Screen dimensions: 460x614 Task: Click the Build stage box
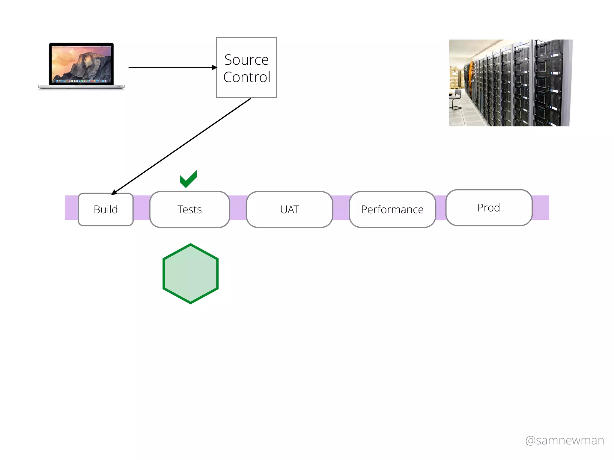pyautogui.click(x=106, y=209)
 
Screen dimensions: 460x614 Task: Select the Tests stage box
pyautogui.click(x=189, y=209)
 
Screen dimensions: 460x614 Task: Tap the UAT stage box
pyautogui.click(x=289, y=209)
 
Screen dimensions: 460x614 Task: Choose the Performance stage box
pyautogui.click(x=392, y=209)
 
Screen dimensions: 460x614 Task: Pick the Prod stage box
pyautogui.click(x=489, y=208)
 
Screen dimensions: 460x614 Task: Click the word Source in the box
pyautogui.click(x=246, y=60)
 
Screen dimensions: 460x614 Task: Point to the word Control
pyautogui.click(x=246, y=77)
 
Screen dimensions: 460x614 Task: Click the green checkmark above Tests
pyautogui.click(x=188, y=179)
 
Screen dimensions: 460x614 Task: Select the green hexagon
pyautogui.click(x=190, y=274)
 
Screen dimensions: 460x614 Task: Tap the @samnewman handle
pyautogui.click(x=565, y=441)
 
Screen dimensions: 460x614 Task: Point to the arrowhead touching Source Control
pyautogui.click(x=214, y=67)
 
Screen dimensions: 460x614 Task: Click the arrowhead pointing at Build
pyautogui.click(x=114, y=192)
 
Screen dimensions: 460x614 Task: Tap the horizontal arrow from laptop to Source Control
pyautogui.click(x=171, y=67)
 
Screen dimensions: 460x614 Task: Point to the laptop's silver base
pyautogui.click(x=81, y=87)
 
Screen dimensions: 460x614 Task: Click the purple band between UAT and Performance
pyautogui.click(x=341, y=208)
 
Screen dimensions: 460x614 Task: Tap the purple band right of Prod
pyautogui.click(x=541, y=208)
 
